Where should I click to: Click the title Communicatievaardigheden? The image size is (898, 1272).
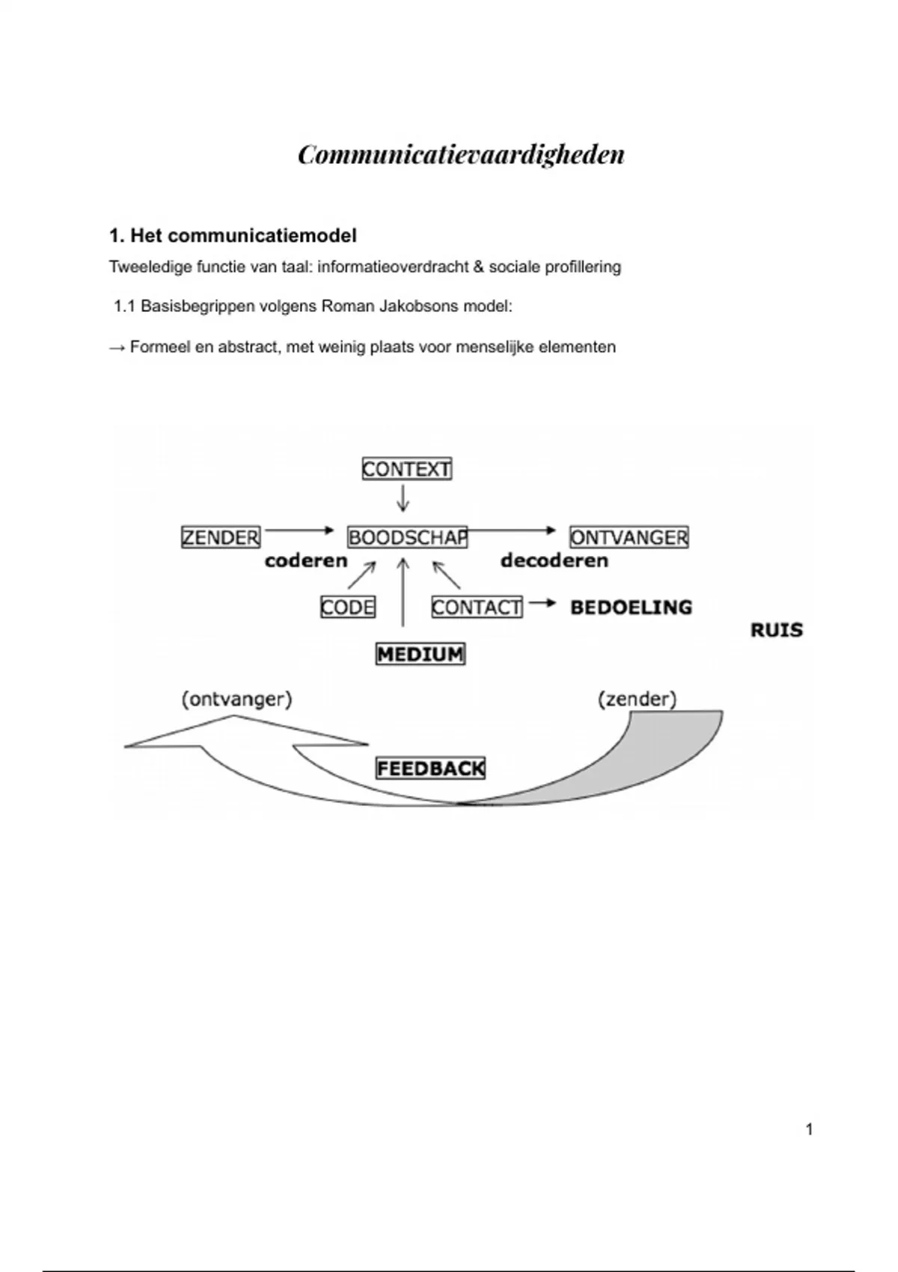(461, 155)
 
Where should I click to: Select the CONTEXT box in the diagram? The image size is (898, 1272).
(406, 469)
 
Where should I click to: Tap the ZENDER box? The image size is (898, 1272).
(221, 537)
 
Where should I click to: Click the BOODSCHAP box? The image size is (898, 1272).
(407, 537)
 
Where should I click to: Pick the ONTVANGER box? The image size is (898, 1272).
(629, 537)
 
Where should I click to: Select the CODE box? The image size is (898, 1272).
(347, 607)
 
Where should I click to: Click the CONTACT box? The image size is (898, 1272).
(477, 607)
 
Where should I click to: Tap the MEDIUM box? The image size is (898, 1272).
(420, 654)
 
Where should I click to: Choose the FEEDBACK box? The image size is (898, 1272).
(430, 768)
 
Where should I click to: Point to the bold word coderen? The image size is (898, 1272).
(306, 560)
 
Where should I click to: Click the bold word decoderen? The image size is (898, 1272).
(554, 560)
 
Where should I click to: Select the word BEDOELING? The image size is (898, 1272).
(631, 607)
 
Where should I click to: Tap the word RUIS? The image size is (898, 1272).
(776, 630)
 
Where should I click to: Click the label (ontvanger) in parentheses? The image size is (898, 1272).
(236, 700)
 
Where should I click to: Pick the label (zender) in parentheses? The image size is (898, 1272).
(637, 700)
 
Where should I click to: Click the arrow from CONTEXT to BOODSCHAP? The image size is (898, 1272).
(403, 498)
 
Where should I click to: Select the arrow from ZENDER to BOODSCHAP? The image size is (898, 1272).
(299, 530)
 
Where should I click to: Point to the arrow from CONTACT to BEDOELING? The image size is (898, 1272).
(542, 603)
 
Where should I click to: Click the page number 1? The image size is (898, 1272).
(809, 1130)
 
